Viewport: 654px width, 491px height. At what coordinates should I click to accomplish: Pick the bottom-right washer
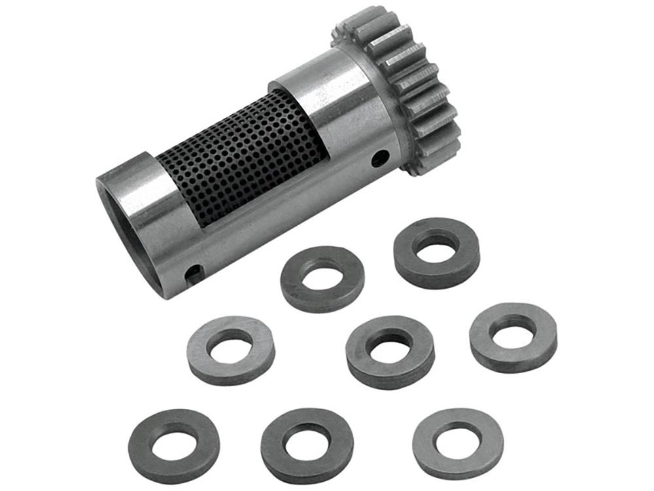coord(458,443)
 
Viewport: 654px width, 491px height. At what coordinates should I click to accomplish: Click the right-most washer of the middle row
coord(513,336)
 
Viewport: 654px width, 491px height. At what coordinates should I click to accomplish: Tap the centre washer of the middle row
coord(390,352)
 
